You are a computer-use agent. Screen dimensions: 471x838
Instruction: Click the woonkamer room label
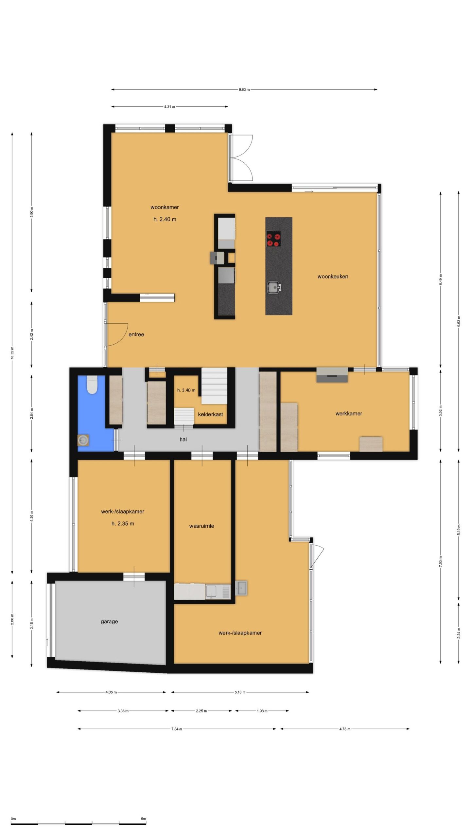[x=165, y=207]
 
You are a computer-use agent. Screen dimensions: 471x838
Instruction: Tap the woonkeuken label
[x=333, y=276]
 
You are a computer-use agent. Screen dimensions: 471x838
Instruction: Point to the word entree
[x=136, y=334]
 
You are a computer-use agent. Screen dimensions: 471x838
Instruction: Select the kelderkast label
[x=210, y=414]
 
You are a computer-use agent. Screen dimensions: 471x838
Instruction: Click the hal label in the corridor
[x=183, y=439]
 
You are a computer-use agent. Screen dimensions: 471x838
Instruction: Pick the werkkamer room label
[x=349, y=413]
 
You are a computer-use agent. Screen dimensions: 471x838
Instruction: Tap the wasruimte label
[x=201, y=526]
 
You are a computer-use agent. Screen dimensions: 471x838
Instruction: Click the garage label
[x=109, y=621]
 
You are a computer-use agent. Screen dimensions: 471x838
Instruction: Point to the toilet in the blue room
[x=92, y=385]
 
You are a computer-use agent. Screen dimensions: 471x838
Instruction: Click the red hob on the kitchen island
[x=273, y=238]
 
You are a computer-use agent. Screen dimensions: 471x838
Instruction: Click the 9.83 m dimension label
[x=244, y=89]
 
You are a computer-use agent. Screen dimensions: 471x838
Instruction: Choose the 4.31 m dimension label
[x=169, y=107]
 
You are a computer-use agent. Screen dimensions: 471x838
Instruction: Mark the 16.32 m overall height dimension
[x=12, y=353]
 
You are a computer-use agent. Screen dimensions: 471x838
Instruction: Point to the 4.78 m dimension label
[x=345, y=729]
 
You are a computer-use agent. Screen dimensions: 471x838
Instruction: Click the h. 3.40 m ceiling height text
[x=186, y=390]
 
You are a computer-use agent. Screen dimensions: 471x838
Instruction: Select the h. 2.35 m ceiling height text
[x=123, y=523]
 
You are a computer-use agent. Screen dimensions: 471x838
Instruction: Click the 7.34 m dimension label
[x=177, y=729]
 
